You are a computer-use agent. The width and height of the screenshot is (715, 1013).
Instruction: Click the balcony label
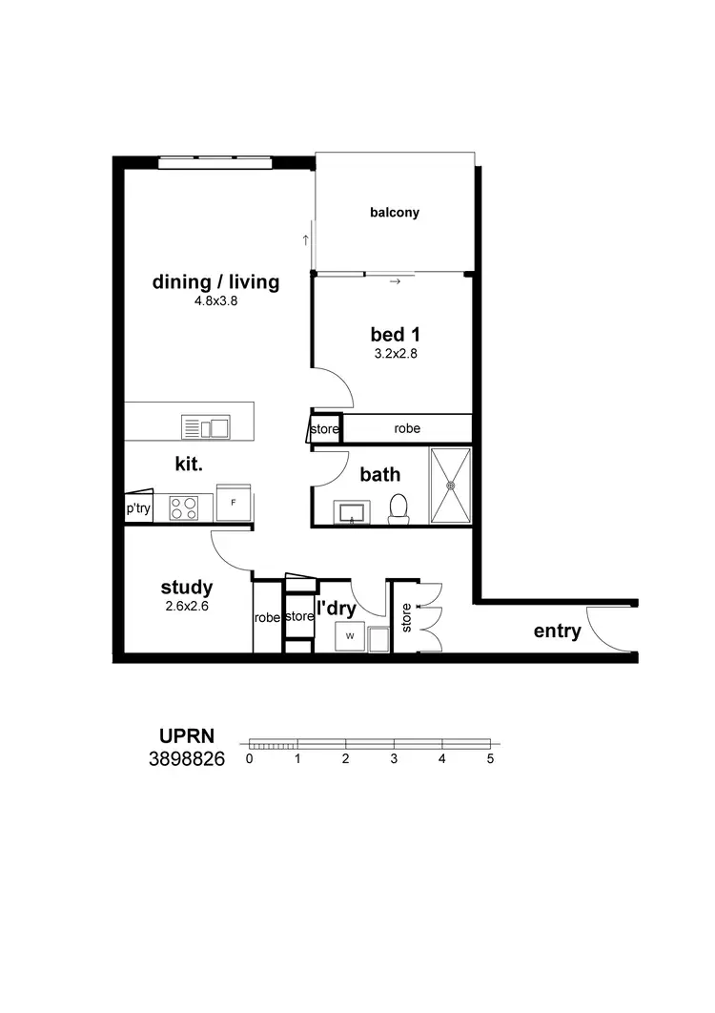pyautogui.click(x=395, y=213)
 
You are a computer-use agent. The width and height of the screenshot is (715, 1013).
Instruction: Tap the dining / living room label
pyautogui.click(x=216, y=282)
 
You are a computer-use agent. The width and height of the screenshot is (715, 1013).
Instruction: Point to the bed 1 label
pyautogui.click(x=396, y=335)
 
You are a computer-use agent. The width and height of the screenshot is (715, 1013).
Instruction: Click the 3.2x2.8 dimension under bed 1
pyautogui.click(x=396, y=353)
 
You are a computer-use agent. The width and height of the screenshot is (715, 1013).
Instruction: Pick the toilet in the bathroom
pyautogui.click(x=398, y=507)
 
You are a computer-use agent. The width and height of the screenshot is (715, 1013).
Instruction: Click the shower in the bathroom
pyautogui.click(x=451, y=485)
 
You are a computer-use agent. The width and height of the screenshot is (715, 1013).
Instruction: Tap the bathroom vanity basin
pyautogui.click(x=353, y=513)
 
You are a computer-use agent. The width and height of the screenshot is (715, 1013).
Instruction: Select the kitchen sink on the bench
pyautogui.click(x=206, y=427)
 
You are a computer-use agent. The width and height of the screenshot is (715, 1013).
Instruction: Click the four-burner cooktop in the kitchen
pyautogui.click(x=183, y=507)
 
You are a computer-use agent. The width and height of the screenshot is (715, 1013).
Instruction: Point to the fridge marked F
pyautogui.click(x=234, y=502)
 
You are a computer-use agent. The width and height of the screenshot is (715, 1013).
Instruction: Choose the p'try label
pyautogui.click(x=138, y=509)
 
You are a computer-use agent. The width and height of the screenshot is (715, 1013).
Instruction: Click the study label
pyautogui.click(x=187, y=588)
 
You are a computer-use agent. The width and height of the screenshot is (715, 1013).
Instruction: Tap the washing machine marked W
pyautogui.click(x=350, y=636)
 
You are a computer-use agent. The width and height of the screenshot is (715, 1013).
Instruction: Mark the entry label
pyautogui.click(x=557, y=631)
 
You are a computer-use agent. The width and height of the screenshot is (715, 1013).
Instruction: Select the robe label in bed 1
pyautogui.click(x=407, y=429)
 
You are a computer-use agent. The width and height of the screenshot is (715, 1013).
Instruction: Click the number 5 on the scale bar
pyautogui.click(x=490, y=760)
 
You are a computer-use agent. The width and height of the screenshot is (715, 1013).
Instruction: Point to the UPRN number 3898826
pyautogui.click(x=187, y=760)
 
